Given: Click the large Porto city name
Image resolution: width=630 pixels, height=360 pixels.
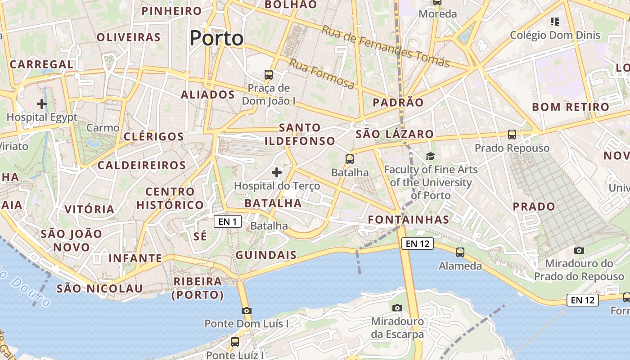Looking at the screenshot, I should pyautogui.click(x=216, y=38).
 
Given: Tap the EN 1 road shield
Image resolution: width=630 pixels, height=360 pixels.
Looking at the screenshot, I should pyautogui.click(x=227, y=221).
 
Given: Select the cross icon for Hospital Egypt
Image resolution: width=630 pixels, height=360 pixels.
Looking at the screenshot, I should pyautogui.click(x=42, y=104).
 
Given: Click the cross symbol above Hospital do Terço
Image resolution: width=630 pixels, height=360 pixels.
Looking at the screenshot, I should pyautogui.click(x=277, y=172).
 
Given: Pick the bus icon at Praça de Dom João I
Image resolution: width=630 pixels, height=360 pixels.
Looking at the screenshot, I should pyautogui.click(x=269, y=75).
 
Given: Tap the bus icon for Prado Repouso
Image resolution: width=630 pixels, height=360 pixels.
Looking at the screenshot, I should pyautogui.click(x=512, y=135).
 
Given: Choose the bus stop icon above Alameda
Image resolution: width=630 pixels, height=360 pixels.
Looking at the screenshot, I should pyautogui.click(x=460, y=252).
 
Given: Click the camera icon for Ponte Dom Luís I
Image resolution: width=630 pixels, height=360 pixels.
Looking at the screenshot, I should pyautogui.click(x=246, y=310).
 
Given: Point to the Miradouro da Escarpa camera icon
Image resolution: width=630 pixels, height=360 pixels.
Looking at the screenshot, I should pyautogui.click(x=397, y=308).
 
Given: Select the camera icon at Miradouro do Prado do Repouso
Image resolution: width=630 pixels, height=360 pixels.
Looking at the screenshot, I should pyautogui.click(x=579, y=250).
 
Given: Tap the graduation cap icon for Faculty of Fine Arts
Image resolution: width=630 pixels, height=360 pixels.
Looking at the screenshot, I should pyautogui.click(x=431, y=156).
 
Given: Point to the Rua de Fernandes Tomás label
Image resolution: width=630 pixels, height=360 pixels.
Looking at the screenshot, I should pyautogui.click(x=386, y=46).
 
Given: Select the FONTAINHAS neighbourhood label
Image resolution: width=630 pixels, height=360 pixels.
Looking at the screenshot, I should pyautogui.click(x=409, y=220).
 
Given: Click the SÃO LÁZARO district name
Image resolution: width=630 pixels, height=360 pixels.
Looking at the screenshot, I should pyautogui.click(x=395, y=134).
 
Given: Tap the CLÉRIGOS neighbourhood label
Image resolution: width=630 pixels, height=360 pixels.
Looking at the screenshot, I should pyautogui.click(x=153, y=136).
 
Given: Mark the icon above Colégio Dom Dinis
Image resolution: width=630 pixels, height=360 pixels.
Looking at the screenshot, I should pyautogui.click(x=555, y=21).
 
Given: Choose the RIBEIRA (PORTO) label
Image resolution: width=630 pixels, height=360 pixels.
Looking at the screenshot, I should pyautogui.click(x=198, y=288).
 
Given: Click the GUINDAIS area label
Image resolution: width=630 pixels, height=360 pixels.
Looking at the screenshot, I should pyautogui.click(x=266, y=255).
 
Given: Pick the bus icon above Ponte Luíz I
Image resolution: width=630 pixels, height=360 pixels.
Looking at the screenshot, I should pyautogui.click(x=235, y=342).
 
